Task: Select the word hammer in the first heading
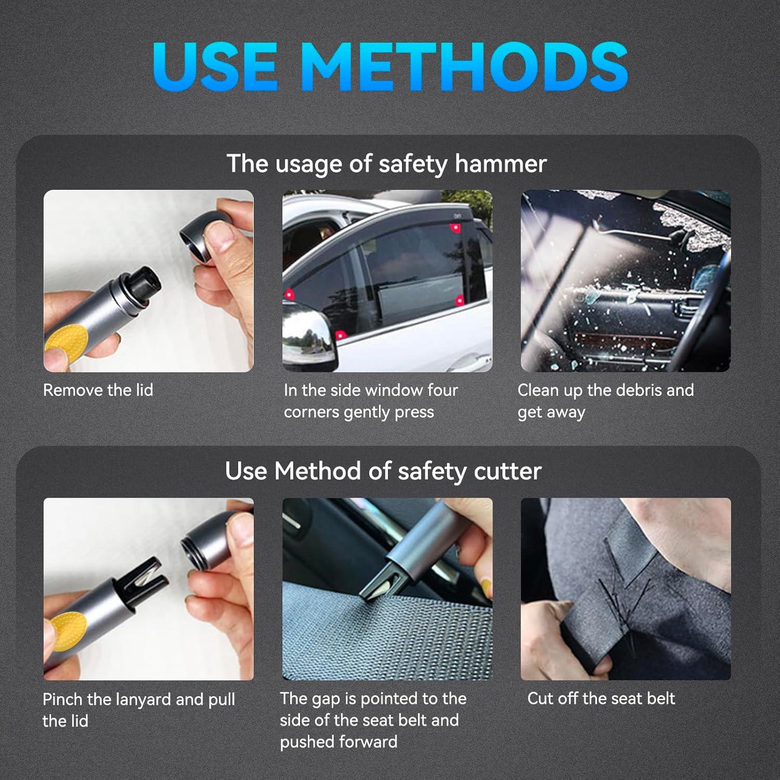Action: click(x=500, y=164)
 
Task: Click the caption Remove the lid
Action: click(x=98, y=390)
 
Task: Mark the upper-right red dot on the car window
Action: click(x=455, y=228)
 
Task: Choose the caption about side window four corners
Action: click(x=370, y=401)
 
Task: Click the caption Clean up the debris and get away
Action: click(x=605, y=401)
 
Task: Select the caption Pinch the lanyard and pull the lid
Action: click(x=138, y=710)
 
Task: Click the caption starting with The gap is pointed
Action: click(x=373, y=720)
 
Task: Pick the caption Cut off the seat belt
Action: click(x=601, y=698)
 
